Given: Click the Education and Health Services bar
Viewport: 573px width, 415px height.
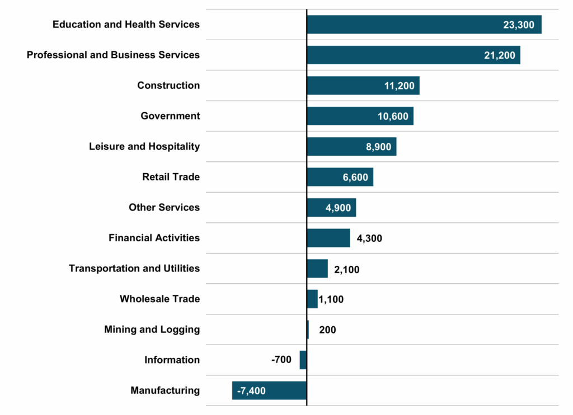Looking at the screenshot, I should coord(424,25).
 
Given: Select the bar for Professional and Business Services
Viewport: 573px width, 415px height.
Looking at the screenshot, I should coord(413,55).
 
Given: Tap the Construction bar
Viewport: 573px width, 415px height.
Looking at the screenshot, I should coord(363,85).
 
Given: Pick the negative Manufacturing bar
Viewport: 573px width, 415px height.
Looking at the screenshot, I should coord(269,390).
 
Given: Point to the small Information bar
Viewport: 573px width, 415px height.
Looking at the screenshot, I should coord(303,360).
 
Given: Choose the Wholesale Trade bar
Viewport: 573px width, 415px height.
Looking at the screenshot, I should coord(312,299).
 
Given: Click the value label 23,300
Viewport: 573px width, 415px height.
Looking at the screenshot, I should coord(519,25).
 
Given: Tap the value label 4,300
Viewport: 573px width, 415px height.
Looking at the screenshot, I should coord(369,238).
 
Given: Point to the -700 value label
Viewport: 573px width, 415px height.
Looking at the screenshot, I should coord(281,360).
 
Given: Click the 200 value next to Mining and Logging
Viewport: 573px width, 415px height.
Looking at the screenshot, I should coord(327,330).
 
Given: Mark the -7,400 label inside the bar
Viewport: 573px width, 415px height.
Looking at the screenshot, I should coord(251,390).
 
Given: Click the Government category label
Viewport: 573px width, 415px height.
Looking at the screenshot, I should coord(170,116).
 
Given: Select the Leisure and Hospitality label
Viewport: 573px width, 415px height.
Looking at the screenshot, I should coord(144,146).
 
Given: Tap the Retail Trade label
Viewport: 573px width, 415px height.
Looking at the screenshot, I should coord(171,177).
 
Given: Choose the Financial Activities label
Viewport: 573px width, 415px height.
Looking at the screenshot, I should coord(154,238).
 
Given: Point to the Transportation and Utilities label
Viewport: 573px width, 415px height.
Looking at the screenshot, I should coord(134,268).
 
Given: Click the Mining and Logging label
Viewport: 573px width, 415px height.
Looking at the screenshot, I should coord(152,330).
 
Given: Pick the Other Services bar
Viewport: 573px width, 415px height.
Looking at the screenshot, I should coord(331,207).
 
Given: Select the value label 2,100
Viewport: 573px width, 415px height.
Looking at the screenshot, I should coord(346,269).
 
